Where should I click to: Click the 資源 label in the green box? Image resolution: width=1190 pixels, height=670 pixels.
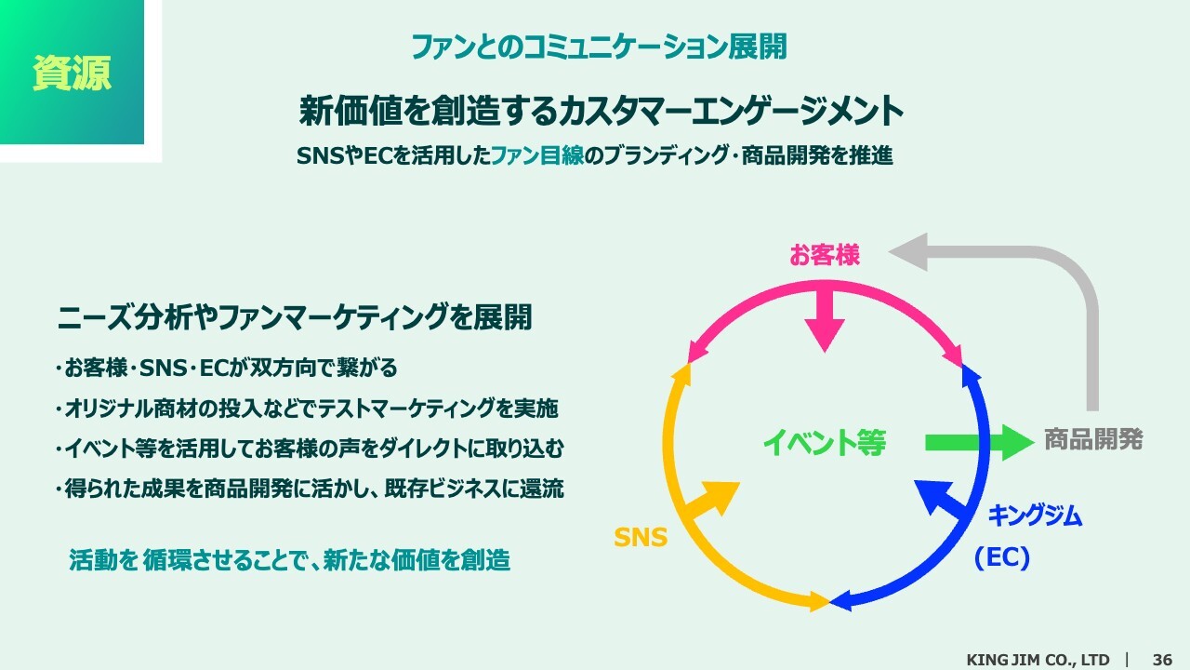click(x=72, y=73)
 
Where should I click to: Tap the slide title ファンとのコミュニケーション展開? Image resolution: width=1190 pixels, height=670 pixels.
click(x=599, y=47)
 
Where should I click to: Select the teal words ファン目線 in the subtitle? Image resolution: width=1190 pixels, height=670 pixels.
click(x=537, y=155)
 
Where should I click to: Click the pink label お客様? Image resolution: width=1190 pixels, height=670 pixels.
click(x=824, y=255)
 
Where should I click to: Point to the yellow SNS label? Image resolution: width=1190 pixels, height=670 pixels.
click(x=641, y=537)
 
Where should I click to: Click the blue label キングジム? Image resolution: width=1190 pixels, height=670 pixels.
click(x=1035, y=516)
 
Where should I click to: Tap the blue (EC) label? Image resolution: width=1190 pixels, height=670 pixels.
click(x=1002, y=557)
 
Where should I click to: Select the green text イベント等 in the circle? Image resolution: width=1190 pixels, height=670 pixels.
click(x=825, y=442)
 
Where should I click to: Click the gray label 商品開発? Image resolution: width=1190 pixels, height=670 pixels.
click(x=1093, y=440)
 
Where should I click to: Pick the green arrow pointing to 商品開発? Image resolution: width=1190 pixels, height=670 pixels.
click(x=979, y=442)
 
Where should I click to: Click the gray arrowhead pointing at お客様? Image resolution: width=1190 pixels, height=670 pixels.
click(x=908, y=252)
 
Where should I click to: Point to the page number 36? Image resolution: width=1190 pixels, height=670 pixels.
click(x=1162, y=660)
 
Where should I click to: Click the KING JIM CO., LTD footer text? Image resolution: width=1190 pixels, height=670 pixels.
click(x=1038, y=660)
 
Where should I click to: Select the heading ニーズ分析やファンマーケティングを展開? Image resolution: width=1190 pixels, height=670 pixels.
click(x=295, y=317)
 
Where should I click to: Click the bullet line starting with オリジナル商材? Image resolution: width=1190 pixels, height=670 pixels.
click(x=307, y=409)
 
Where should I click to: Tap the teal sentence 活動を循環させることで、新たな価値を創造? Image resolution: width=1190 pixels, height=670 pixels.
click(x=289, y=560)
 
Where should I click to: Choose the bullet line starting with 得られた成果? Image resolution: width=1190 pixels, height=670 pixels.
click(x=310, y=489)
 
